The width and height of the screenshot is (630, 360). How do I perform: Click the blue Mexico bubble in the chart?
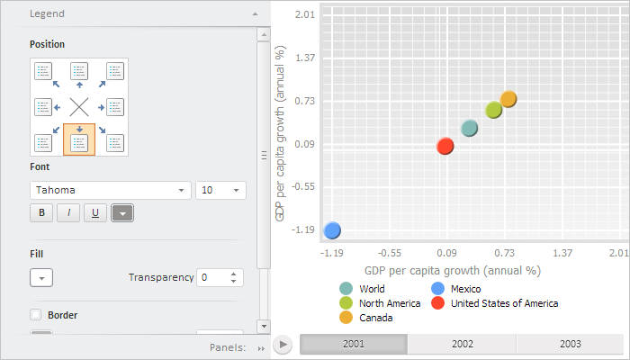coord(332,230)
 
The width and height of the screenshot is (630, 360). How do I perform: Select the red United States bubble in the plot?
coord(445,146)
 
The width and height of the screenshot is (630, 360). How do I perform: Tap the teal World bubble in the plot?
coord(469,129)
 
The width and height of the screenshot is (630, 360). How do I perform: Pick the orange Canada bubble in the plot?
coord(508,99)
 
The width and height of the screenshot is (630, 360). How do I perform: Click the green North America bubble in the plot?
coord(493,110)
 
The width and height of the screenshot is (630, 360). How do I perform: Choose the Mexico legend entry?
coord(465,289)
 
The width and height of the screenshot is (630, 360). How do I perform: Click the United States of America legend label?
coord(504,303)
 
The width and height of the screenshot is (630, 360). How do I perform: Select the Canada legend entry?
coord(375,318)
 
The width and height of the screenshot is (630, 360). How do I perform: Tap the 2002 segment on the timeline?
coord(462,344)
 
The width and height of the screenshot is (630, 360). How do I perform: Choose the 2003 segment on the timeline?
coord(570,344)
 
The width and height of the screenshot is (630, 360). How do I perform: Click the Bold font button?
coord(41,213)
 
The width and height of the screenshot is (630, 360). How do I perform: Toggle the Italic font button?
coord(67,213)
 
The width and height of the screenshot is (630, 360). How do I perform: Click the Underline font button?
coord(94,213)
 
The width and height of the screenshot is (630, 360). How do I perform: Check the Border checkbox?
coord(36,315)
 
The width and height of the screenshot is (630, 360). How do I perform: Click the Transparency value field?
coord(213,277)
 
